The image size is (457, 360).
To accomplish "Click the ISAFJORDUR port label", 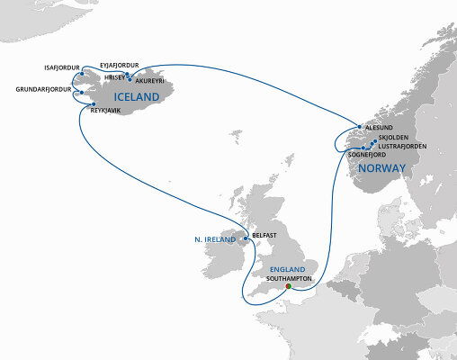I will [62, 67].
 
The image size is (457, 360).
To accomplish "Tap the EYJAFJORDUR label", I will [120, 64].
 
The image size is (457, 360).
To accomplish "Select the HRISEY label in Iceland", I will [116, 77].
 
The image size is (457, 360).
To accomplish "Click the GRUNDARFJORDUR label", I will [42, 89].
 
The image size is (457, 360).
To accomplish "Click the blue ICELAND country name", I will [137, 96].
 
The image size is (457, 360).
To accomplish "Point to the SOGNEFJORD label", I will [366, 155].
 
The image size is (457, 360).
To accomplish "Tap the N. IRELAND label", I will [214, 239].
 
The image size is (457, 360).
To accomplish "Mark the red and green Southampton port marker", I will [288, 286].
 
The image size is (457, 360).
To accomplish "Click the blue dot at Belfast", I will [246, 238].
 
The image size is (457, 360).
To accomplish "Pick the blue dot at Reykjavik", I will [94, 105].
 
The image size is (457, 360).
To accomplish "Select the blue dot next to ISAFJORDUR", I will [82, 74].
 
